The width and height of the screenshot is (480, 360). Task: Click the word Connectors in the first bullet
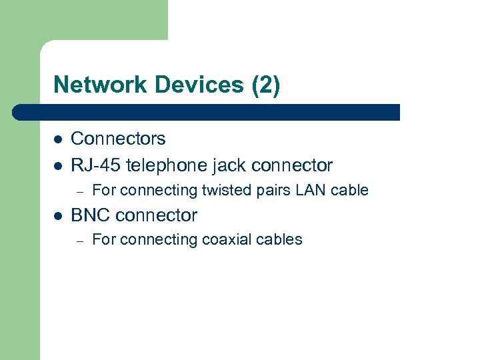pos(118,139)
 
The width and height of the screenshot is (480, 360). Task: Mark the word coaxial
pos(226,239)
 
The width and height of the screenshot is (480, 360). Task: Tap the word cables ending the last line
pos(280,239)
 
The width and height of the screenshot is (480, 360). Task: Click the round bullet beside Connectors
pos(58,139)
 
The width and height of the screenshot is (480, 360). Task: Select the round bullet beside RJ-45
pos(58,165)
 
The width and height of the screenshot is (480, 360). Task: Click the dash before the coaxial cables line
pos(79,241)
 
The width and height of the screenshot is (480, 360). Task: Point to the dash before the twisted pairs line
pos(79,191)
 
